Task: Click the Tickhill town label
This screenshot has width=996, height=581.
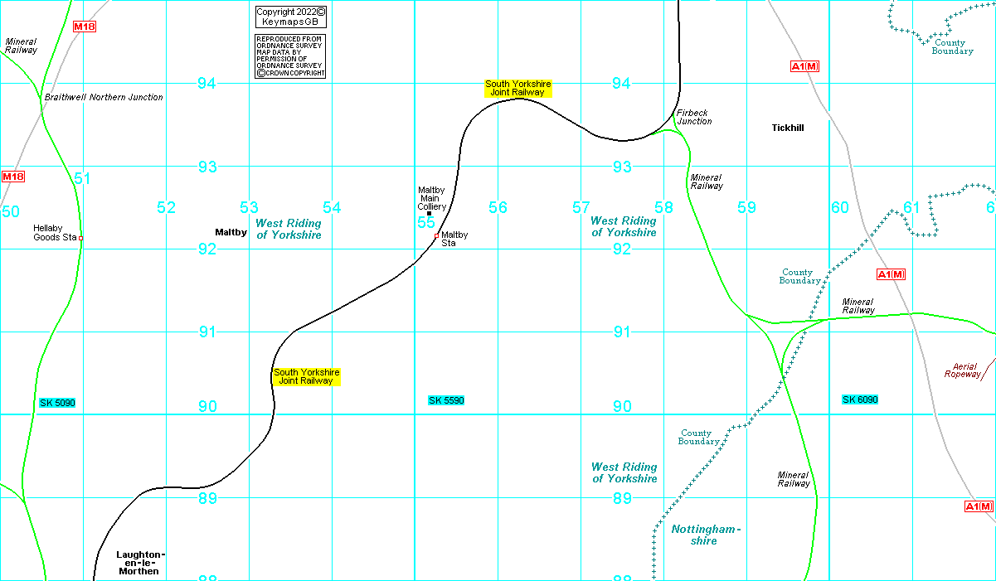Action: [787, 128]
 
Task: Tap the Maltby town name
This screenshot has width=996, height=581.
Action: [231, 232]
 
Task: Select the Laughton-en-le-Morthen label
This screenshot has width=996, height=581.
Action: [141, 563]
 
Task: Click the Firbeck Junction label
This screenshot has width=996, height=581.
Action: [694, 117]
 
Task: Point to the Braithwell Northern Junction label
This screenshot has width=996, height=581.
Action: [104, 97]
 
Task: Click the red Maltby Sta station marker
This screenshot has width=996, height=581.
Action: [436, 236]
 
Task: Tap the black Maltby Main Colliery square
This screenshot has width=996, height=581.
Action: [429, 214]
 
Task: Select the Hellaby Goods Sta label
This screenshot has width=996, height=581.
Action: [55, 233]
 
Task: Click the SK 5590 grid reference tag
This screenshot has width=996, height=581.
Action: [446, 400]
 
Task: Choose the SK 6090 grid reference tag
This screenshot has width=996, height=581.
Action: [860, 399]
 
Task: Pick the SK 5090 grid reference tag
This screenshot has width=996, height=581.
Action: [57, 403]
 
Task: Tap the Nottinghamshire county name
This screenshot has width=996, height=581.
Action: [705, 535]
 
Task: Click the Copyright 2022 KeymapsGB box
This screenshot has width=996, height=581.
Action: [290, 17]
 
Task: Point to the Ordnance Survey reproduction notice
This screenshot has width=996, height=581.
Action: [290, 56]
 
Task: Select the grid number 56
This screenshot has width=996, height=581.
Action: [498, 207]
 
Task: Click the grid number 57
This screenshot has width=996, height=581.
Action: [581, 207]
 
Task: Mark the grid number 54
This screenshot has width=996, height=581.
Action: [332, 207]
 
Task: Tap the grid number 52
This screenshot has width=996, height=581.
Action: [167, 207]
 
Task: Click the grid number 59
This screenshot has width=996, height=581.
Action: [747, 207]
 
